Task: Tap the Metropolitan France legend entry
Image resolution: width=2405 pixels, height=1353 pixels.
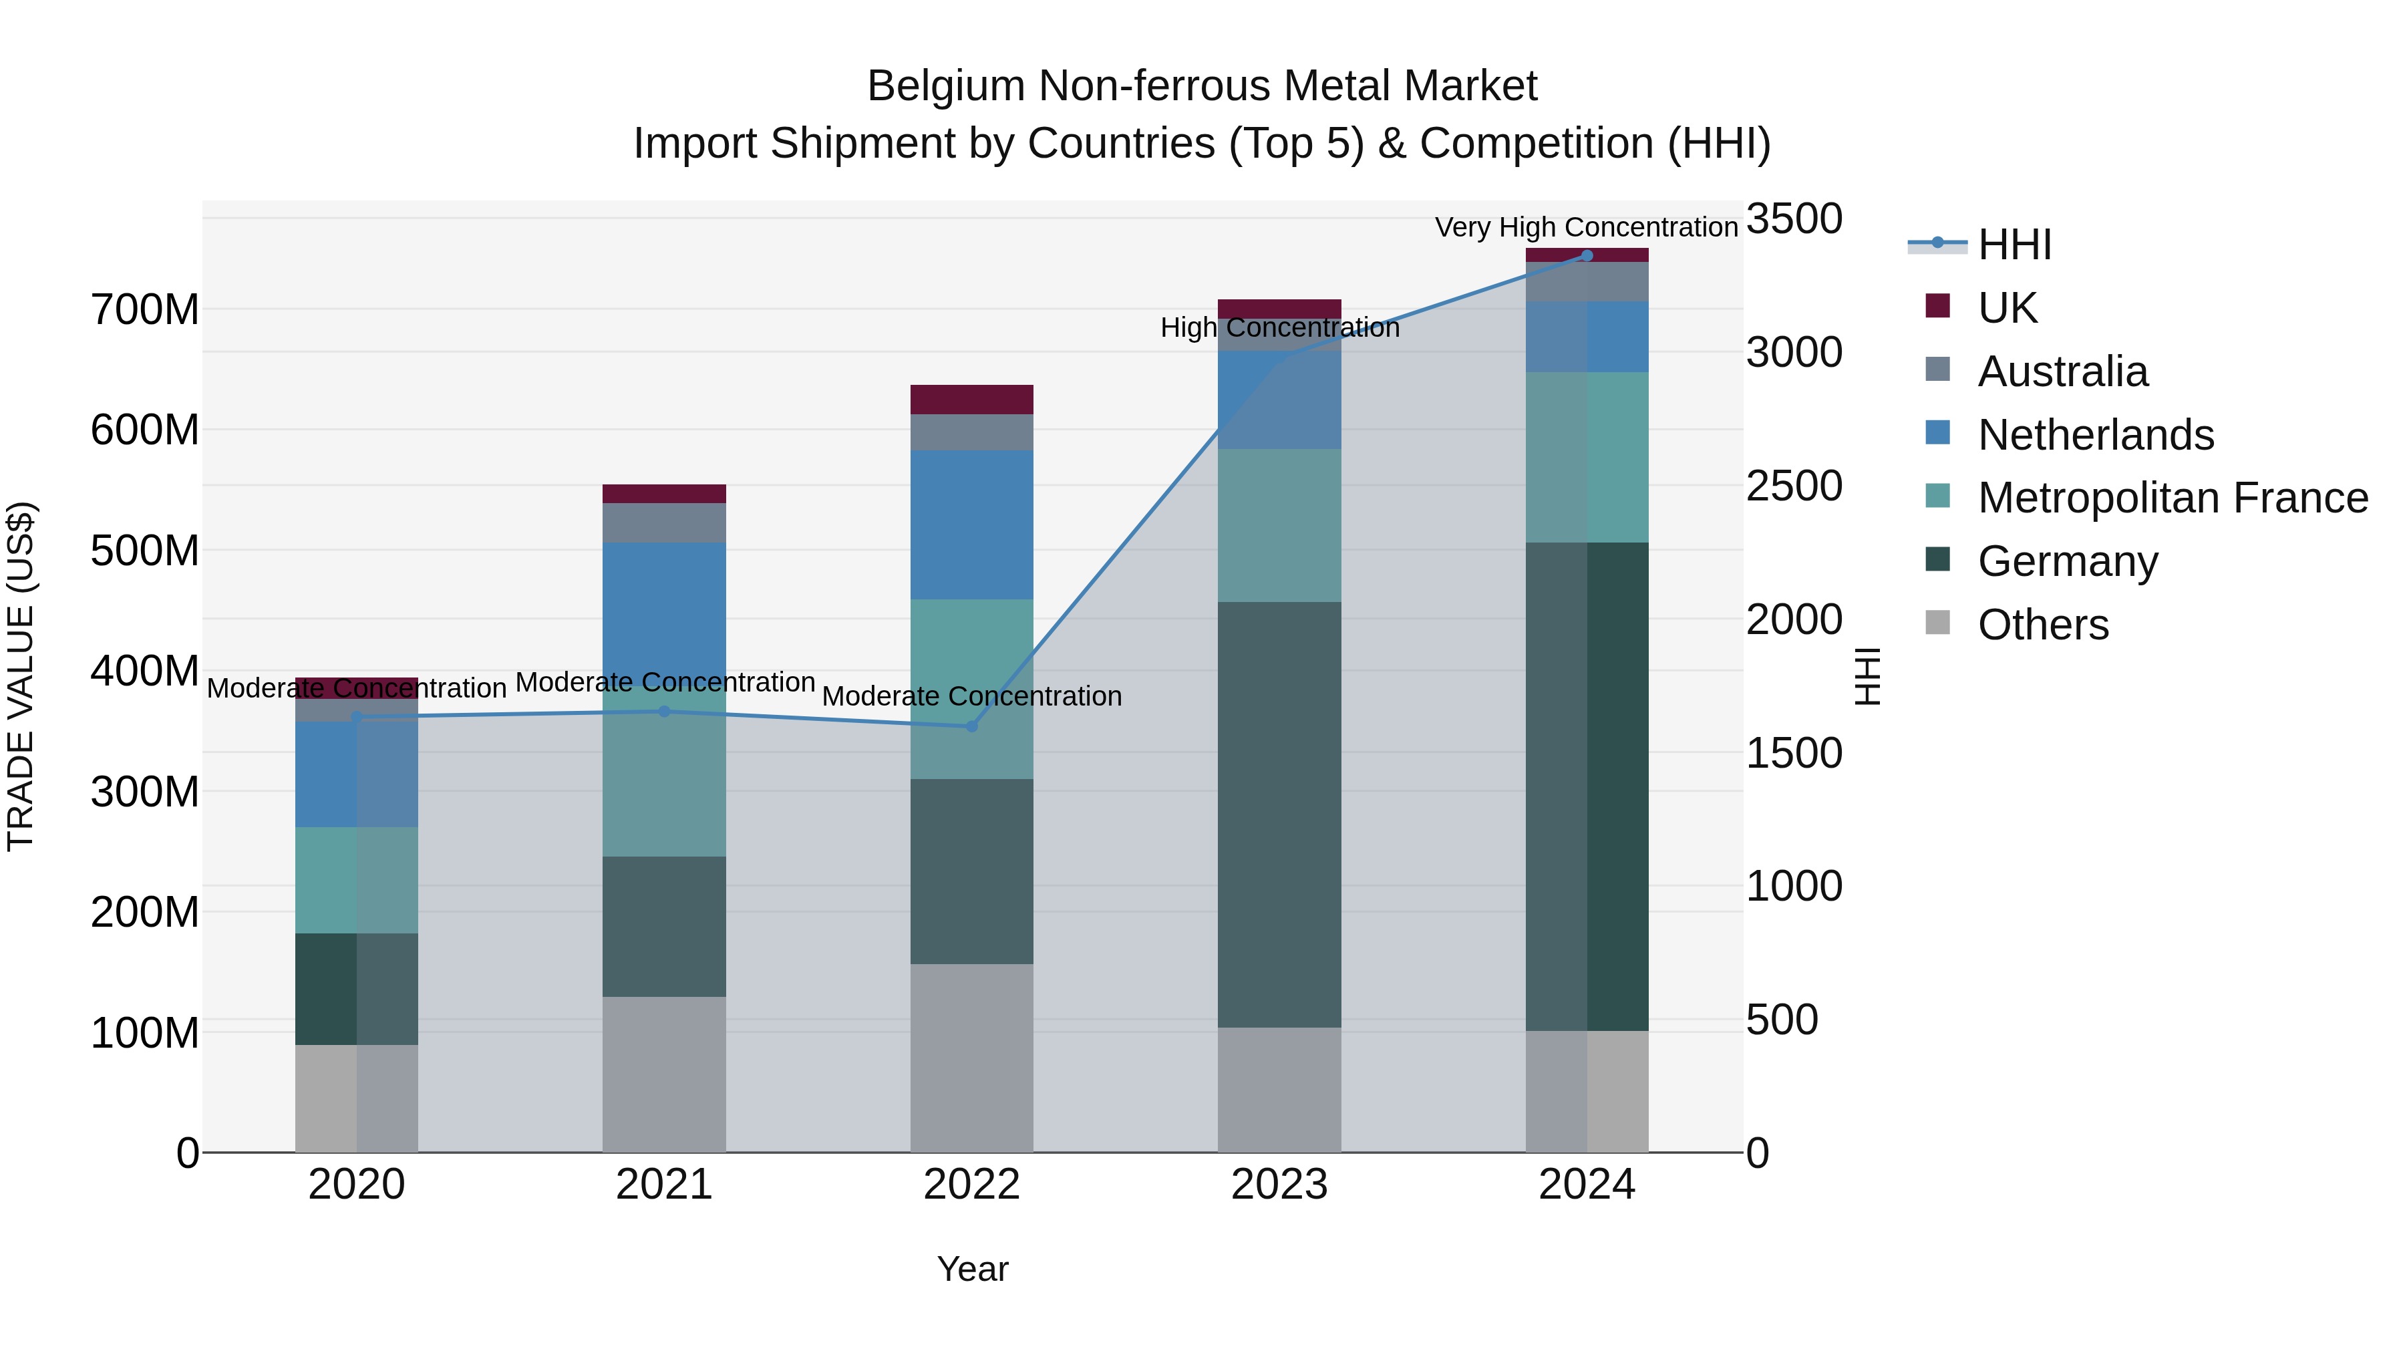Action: (2172, 498)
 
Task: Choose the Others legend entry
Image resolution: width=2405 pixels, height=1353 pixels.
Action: (2043, 625)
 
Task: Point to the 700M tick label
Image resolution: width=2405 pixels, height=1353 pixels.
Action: (145, 310)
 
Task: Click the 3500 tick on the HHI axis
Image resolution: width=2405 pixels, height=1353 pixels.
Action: (1794, 219)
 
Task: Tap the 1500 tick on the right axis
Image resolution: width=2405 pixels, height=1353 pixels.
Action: (1794, 754)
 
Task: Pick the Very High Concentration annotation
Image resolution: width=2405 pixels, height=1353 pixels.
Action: (1585, 227)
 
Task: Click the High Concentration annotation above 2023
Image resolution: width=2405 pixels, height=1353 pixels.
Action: (1279, 328)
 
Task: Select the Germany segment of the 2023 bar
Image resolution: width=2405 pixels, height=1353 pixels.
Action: (1279, 814)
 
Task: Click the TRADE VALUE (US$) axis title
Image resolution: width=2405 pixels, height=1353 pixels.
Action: (21, 676)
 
